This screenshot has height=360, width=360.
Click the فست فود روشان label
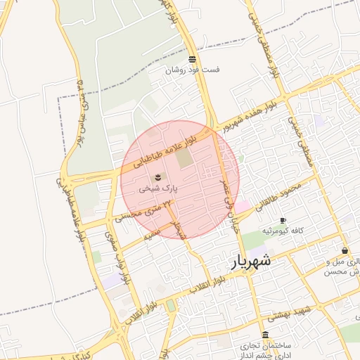192,70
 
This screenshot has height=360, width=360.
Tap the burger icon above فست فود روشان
193,59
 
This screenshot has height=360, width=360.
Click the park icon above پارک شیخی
159,176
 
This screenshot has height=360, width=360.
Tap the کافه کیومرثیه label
283,231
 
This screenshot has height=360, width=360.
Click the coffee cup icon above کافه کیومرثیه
283,220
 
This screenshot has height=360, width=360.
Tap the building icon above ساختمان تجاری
266,335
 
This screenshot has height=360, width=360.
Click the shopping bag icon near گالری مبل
345,250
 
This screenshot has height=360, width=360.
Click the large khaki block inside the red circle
183,158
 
